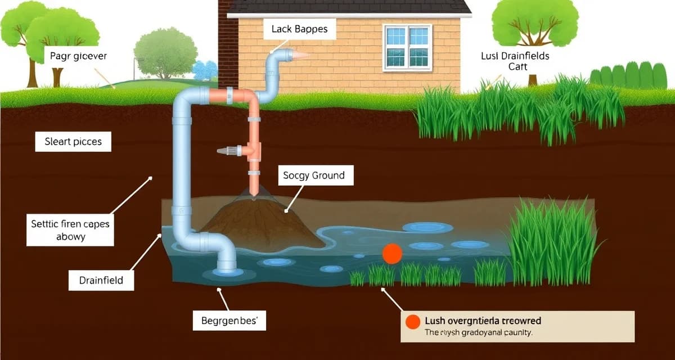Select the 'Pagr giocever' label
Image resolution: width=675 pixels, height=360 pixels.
click(x=78, y=56)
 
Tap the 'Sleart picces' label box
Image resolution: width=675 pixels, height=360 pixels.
click(x=73, y=142)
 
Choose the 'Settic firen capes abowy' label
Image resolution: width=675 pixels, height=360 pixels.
click(x=70, y=230)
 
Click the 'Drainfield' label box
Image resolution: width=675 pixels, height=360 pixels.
click(x=101, y=280)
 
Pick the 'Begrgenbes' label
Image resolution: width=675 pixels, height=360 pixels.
click(x=229, y=321)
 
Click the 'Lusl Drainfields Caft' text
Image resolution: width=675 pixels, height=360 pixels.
click(x=515, y=61)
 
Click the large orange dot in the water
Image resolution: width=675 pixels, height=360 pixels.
click(x=392, y=254)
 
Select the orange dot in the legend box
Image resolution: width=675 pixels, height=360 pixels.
click(x=413, y=321)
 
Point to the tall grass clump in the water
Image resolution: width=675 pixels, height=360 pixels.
click(x=551, y=242)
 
